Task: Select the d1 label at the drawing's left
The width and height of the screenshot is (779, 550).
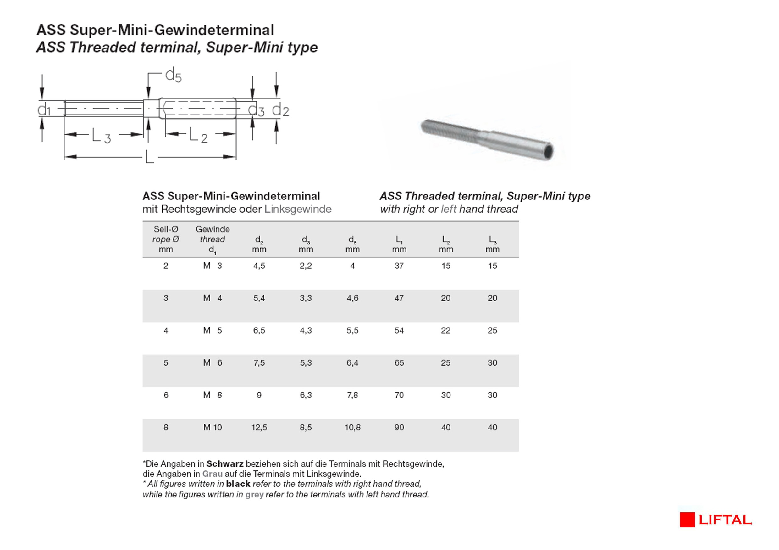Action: coord(44,110)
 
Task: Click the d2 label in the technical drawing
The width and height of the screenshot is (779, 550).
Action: coord(281,110)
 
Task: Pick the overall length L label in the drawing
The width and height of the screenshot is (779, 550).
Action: coord(150,157)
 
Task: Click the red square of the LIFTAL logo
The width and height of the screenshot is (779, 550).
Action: coord(687,520)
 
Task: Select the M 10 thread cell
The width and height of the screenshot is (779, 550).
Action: coord(213,427)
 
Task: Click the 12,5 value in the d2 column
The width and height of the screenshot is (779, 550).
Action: coord(259,427)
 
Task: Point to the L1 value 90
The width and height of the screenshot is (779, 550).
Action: coord(399,427)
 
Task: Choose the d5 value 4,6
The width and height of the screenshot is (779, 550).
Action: coord(352,298)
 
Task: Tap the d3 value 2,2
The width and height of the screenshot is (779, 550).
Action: coord(306,266)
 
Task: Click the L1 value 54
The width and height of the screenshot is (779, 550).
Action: coord(399,330)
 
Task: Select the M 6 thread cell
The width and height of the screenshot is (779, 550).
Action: coord(213,362)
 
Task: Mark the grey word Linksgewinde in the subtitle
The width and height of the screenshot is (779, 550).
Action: coord(298,209)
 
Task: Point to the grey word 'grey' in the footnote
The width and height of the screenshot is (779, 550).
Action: coord(254,495)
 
